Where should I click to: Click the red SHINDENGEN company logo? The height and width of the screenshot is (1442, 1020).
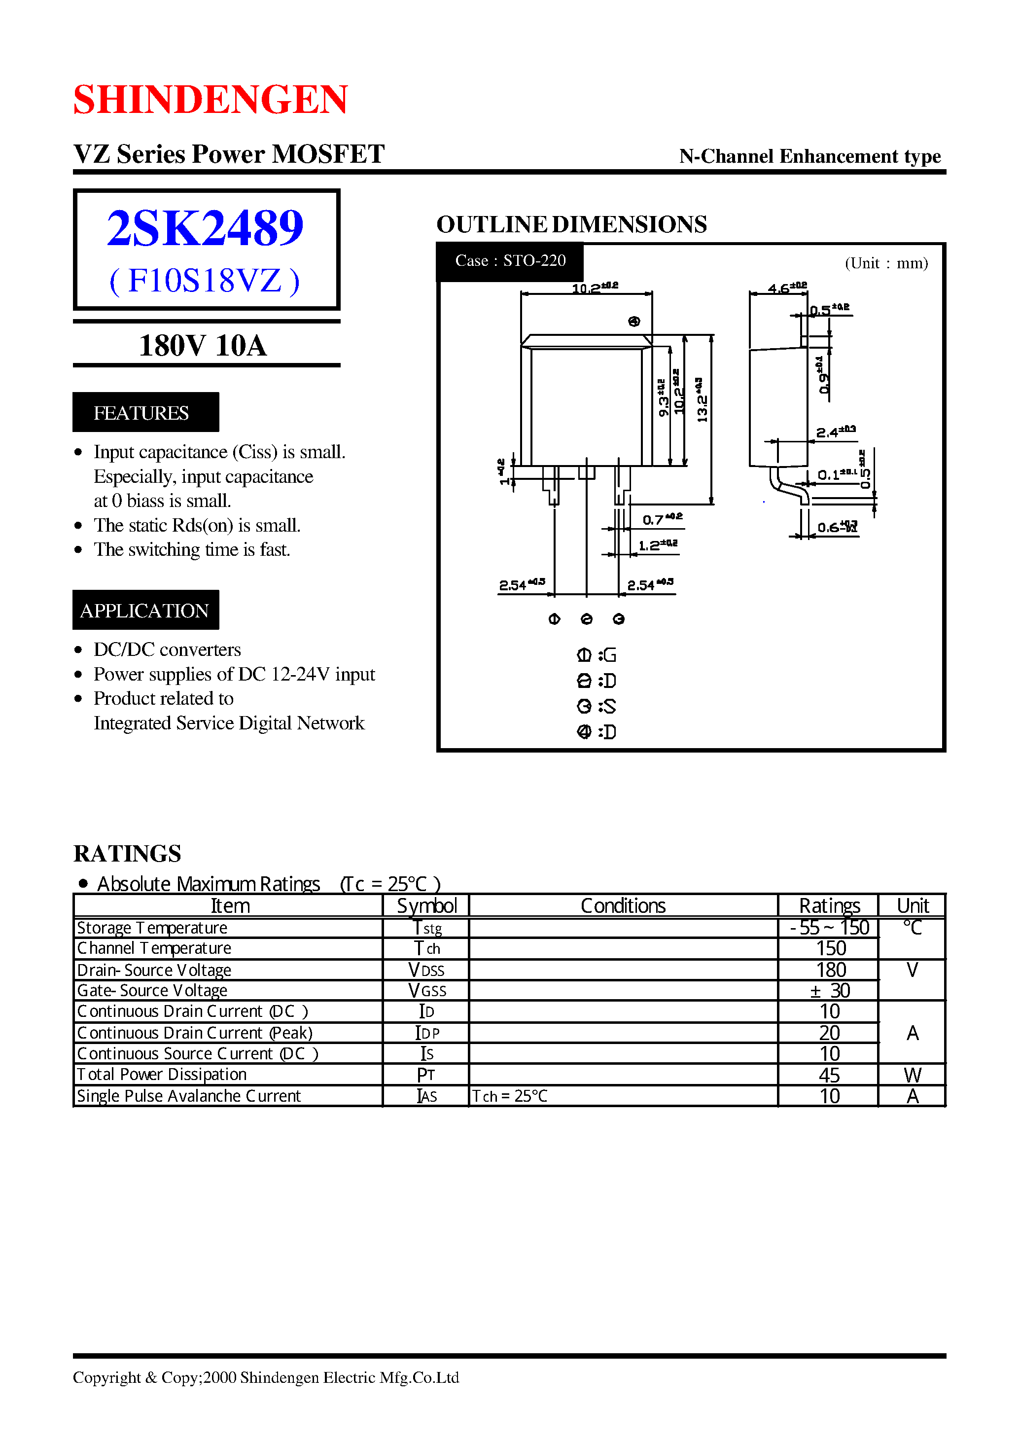click(x=211, y=99)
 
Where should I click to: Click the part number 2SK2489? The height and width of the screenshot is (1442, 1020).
click(x=206, y=227)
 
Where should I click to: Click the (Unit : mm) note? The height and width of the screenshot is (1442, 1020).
click(x=885, y=263)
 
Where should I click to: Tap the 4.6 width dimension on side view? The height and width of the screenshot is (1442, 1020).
click(x=786, y=288)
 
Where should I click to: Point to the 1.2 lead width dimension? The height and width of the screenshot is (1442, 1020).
click(x=657, y=545)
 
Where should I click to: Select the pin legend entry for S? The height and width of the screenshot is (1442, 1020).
click(x=597, y=706)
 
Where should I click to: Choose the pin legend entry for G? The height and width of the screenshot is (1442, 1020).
click(x=597, y=655)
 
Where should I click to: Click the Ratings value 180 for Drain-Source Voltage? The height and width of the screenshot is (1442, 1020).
click(x=830, y=970)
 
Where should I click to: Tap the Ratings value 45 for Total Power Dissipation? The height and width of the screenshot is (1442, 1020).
click(x=829, y=1075)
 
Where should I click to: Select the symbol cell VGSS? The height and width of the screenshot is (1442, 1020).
click(x=426, y=991)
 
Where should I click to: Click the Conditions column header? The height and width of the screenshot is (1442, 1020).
click(x=623, y=906)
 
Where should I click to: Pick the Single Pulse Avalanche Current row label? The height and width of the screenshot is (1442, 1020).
click(x=188, y=1096)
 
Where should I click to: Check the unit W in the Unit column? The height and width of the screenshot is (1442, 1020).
click(x=912, y=1075)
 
